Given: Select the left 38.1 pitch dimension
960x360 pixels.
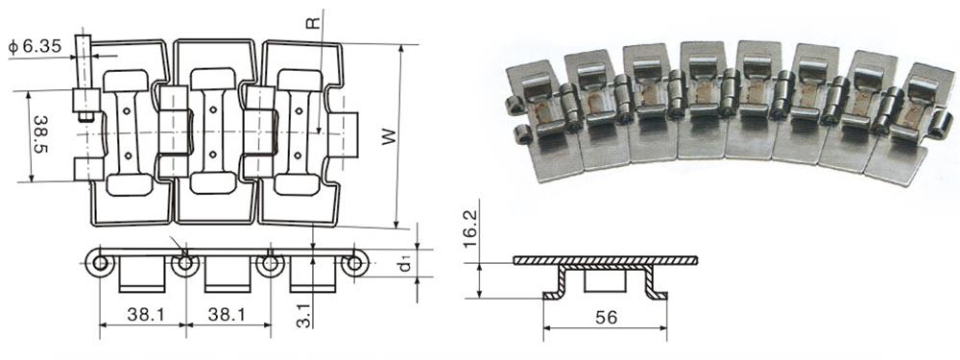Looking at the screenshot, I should coord(142,313).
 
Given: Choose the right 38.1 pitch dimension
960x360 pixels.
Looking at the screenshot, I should coord(228,313).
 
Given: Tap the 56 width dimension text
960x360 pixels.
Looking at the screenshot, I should coord(606,317).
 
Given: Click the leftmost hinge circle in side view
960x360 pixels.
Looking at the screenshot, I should coord(99,264).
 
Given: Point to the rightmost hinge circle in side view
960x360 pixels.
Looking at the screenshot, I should coord(355,264).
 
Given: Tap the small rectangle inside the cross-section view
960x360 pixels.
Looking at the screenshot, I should coord(605,280).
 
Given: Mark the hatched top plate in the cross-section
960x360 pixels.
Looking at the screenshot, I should coord(605,260).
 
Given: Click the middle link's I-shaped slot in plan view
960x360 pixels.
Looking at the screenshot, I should coord(214,131).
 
